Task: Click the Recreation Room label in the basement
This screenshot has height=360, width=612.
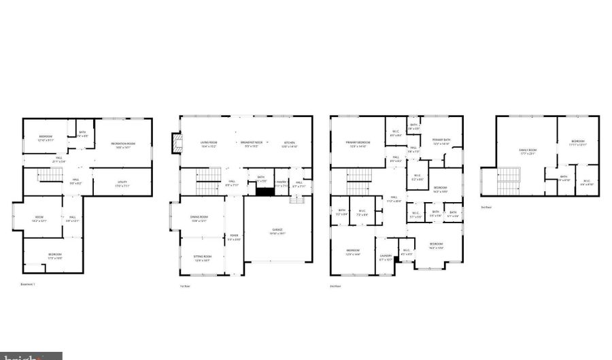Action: [123, 144]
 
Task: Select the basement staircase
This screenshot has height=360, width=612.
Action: [50, 175]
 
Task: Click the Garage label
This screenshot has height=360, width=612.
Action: [278, 230]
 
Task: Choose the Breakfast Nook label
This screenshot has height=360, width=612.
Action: [252, 143]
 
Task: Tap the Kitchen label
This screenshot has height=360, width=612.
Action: [290, 143]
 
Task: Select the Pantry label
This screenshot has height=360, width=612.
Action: [282, 182]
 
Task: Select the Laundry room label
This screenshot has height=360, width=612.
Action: [386, 257]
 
